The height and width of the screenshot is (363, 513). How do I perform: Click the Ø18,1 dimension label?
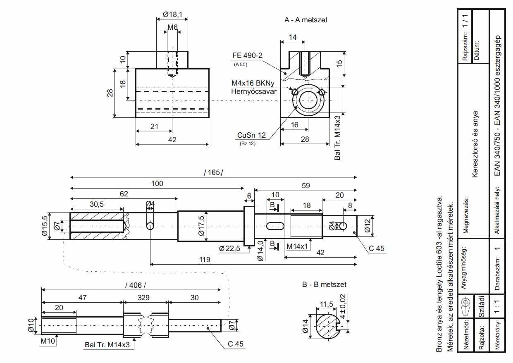172,14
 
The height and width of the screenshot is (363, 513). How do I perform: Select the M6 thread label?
172,27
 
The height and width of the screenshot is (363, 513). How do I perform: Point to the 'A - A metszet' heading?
306,20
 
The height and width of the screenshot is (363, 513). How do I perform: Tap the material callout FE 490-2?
247,55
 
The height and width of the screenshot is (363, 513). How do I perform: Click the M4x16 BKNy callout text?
253,83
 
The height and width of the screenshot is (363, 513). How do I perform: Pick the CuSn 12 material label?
251,135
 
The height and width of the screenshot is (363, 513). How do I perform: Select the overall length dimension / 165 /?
213,172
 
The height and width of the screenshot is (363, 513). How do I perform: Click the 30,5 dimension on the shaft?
97,204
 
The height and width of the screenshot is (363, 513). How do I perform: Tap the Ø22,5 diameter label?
229,248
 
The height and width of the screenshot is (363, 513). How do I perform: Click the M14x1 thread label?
297,246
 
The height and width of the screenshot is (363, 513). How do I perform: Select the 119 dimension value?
205,260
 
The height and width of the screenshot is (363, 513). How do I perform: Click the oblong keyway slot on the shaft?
275,226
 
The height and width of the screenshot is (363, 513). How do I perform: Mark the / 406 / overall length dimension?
136,285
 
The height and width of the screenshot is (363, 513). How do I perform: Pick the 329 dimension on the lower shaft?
143,298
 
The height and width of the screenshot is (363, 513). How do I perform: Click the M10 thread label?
48,341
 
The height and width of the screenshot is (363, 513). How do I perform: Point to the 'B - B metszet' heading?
324,284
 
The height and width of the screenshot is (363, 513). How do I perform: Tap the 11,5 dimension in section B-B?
326,304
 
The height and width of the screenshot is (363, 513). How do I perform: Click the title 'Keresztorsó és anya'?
475,144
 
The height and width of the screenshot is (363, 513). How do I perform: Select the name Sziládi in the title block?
482,306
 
